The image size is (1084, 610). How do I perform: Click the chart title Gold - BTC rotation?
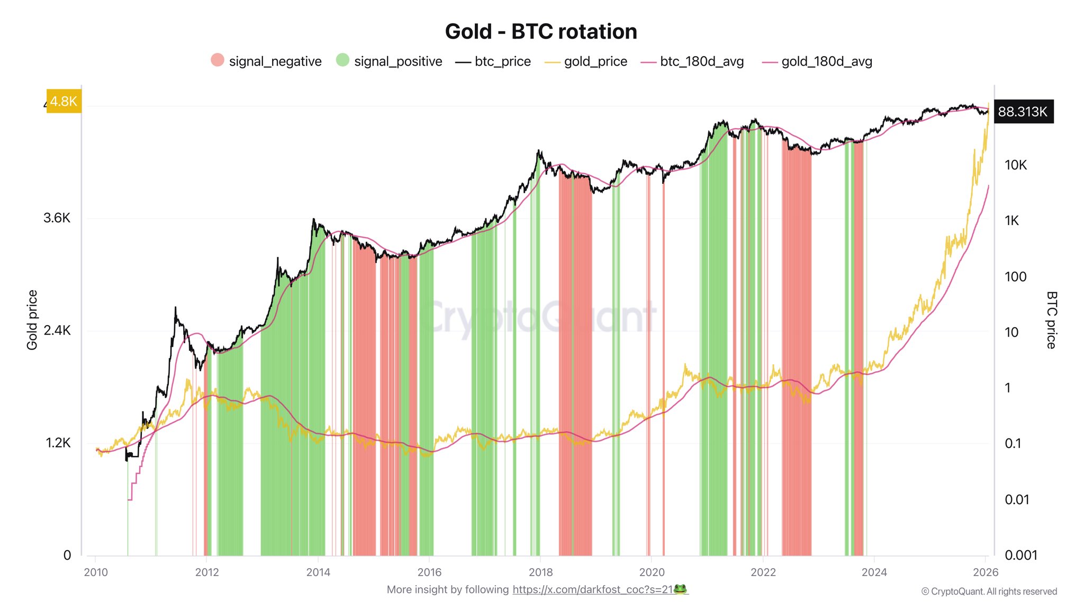pyautogui.click(x=541, y=32)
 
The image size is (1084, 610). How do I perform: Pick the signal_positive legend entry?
pyautogui.click(x=390, y=61)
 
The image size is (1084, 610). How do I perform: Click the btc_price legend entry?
pyautogui.click(x=493, y=61)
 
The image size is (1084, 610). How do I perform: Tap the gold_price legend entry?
pyautogui.click(x=586, y=61)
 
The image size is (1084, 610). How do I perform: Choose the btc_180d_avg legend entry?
pyautogui.click(x=692, y=61)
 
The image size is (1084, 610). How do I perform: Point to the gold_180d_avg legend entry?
pyautogui.click(x=817, y=61)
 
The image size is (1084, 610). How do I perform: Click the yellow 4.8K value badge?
pyautogui.click(x=64, y=101)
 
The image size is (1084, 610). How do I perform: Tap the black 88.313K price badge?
pyautogui.click(x=1023, y=112)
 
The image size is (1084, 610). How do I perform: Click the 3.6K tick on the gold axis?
pyautogui.click(x=57, y=218)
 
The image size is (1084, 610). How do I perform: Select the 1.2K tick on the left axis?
pyautogui.click(x=58, y=443)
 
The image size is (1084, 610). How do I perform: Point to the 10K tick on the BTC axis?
pyautogui.click(x=1015, y=165)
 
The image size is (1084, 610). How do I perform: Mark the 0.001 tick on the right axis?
pyautogui.click(x=1020, y=555)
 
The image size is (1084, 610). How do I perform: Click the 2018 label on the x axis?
pyautogui.click(x=540, y=572)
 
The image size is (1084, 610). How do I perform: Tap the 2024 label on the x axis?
pyautogui.click(x=874, y=572)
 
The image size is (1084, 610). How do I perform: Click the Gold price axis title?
pyautogui.click(x=32, y=320)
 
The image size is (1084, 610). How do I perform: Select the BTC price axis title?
pyautogui.click(x=1051, y=320)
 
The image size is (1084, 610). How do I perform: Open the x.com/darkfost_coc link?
pyautogui.click(x=592, y=590)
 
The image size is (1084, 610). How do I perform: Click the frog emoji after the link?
pyautogui.click(x=680, y=589)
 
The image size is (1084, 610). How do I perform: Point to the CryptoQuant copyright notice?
pyautogui.click(x=989, y=591)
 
